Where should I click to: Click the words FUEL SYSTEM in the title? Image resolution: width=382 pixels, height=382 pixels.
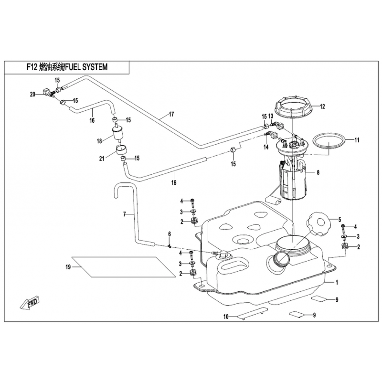pyautogui.click(x=86, y=67)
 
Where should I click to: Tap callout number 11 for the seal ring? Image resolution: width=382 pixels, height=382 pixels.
pyautogui.click(x=357, y=140)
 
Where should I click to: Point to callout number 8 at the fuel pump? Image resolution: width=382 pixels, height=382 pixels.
pyautogui.click(x=318, y=173)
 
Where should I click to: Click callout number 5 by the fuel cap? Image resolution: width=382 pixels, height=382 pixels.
pyautogui.click(x=340, y=220)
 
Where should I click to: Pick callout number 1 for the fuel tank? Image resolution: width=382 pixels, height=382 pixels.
pyautogui.click(x=337, y=282)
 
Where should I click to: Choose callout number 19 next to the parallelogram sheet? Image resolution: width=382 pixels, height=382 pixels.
pyautogui.click(x=68, y=267)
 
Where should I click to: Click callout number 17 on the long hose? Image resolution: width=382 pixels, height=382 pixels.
pyautogui.click(x=171, y=114)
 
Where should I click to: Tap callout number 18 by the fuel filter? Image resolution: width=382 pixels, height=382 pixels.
pyautogui.click(x=99, y=141)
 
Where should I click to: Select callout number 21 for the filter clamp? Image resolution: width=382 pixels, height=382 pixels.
pyautogui.click(x=102, y=159)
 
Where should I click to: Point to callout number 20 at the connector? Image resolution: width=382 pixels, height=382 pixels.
pyautogui.click(x=32, y=94)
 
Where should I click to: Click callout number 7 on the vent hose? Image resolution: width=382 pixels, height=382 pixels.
pyautogui.click(x=125, y=214)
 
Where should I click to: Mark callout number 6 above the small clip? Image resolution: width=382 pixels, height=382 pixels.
pyautogui.click(x=170, y=234)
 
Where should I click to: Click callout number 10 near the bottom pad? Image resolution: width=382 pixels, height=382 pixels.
pyautogui.click(x=226, y=317)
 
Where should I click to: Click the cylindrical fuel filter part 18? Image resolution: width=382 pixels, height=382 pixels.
pyautogui.click(x=118, y=134)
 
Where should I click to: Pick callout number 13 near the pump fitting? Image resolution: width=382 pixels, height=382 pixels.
pyautogui.click(x=271, y=116)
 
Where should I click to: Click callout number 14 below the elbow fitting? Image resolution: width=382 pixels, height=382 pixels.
pyautogui.click(x=266, y=147)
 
